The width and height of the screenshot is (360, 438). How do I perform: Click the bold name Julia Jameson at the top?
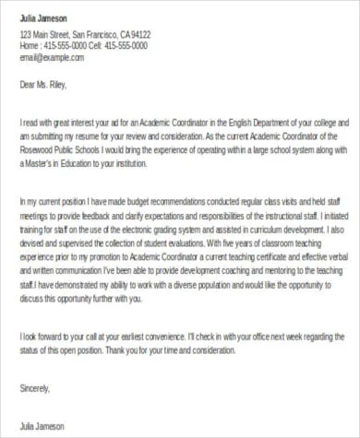[42, 19]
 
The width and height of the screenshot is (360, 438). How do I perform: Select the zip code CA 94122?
[135, 35]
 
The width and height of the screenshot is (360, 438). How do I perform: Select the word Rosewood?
[39, 146]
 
